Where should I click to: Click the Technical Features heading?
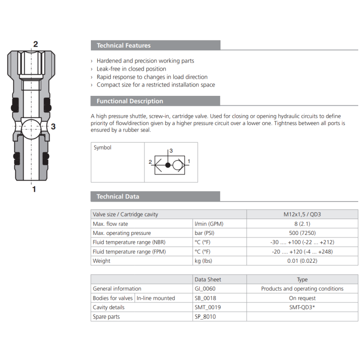(x=124, y=45)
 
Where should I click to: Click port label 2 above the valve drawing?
(x=35, y=44)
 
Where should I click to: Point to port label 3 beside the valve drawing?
(x=53, y=126)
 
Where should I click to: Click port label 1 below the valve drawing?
(x=34, y=189)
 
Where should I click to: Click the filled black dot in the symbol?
(x=168, y=165)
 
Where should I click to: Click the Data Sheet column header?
(x=208, y=279)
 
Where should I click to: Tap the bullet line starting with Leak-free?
(x=131, y=69)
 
